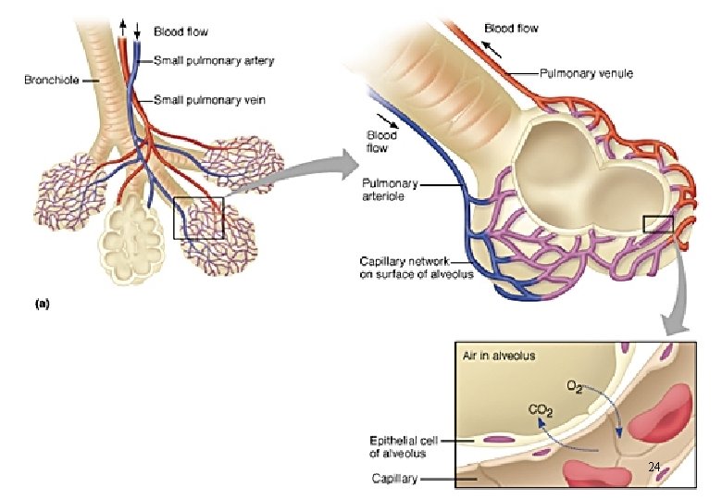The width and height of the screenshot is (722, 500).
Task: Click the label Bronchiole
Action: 52,80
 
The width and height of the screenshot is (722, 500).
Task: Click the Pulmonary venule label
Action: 587,72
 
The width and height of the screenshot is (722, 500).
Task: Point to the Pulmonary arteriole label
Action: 389,190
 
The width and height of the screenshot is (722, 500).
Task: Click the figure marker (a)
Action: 42,303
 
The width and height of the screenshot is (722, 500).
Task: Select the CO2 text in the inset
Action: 541,409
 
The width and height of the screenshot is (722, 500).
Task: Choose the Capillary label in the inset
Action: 395,480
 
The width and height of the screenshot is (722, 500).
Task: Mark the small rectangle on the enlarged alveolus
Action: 656,223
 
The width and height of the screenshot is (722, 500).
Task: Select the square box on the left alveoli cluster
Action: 198,218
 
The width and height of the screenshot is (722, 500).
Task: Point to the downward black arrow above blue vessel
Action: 137,30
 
